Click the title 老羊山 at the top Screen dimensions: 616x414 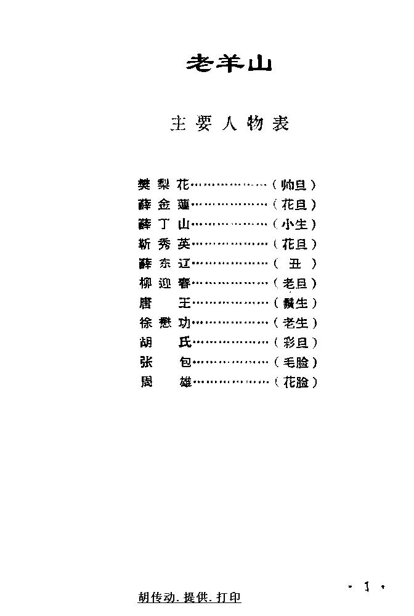[x=229, y=64]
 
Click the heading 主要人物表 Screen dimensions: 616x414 [x=229, y=124]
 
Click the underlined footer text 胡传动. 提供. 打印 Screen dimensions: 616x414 [x=190, y=598]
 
